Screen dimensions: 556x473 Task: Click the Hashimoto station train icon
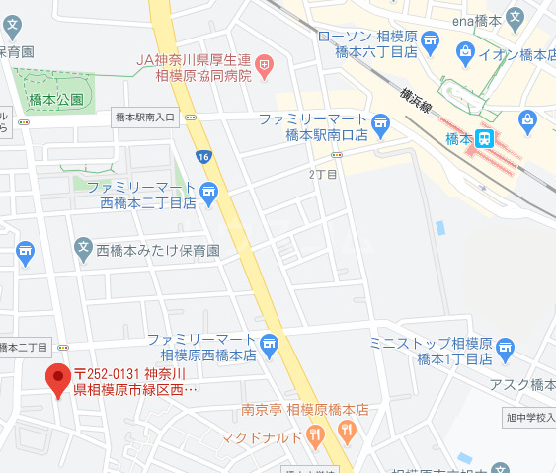(484, 139)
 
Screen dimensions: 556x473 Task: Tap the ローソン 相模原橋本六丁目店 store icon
(430, 39)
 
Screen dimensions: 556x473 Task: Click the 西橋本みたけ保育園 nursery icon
(84, 252)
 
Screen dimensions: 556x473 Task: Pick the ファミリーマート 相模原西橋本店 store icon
(271, 345)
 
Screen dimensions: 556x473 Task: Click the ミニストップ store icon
(506, 348)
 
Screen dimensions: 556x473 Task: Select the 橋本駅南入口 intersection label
(143, 117)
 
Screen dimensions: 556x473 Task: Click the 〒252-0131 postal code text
(109, 373)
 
